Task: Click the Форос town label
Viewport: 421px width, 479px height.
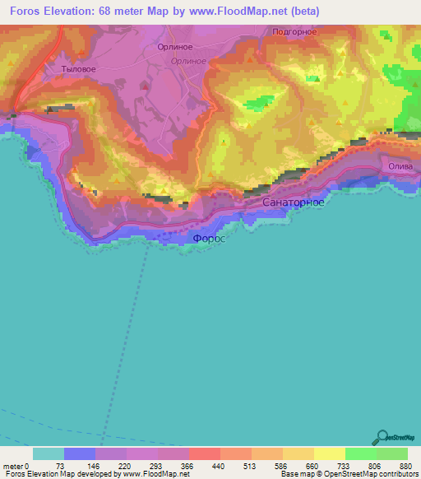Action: tap(208, 239)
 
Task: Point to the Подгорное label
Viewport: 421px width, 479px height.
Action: tap(294, 31)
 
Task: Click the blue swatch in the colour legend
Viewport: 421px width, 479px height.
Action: tap(80, 453)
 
